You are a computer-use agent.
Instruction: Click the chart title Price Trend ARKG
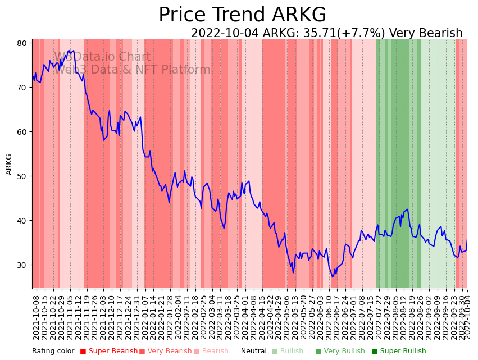pos(242,15)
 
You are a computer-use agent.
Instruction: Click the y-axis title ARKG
pos(9,164)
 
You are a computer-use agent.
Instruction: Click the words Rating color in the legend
pos(53,352)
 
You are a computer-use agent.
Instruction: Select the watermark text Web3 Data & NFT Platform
pos(133,70)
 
